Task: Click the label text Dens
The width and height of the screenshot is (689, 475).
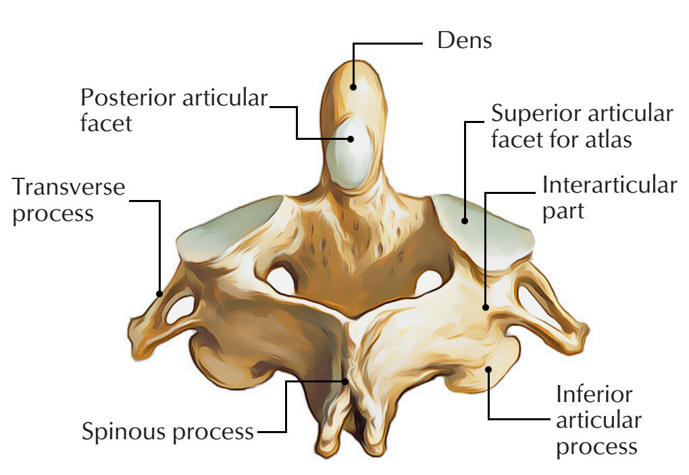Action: click(x=465, y=41)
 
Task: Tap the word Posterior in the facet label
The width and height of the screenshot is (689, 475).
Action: click(x=128, y=97)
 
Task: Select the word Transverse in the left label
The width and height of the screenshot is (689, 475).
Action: click(x=68, y=186)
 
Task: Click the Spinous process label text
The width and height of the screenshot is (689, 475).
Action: click(x=168, y=432)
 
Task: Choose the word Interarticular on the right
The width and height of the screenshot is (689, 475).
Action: click(x=609, y=185)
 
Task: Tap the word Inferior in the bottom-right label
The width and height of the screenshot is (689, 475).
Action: click(x=594, y=394)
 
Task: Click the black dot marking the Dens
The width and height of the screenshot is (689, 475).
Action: click(x=353, y=87)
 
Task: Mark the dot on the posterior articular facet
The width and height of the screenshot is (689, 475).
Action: click(x=350, y=139)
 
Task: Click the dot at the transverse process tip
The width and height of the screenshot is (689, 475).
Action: click(x=159, y=293)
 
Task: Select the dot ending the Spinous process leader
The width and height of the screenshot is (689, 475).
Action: click(x=345, y=381)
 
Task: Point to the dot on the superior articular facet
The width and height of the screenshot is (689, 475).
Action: click(x=465, y=220)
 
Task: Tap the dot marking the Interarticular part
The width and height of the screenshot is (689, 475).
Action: click(x=486, y=307)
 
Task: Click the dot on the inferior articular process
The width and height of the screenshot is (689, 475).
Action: click(x=488, y=369)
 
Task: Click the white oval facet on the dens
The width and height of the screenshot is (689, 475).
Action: click(x=349, y=154)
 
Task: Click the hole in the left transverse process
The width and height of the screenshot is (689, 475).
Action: click(x=180, y=309)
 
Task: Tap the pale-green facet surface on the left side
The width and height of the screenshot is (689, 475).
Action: click(x=228, y=228)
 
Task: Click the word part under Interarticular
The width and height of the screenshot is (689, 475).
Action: click(x=563, y=212)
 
